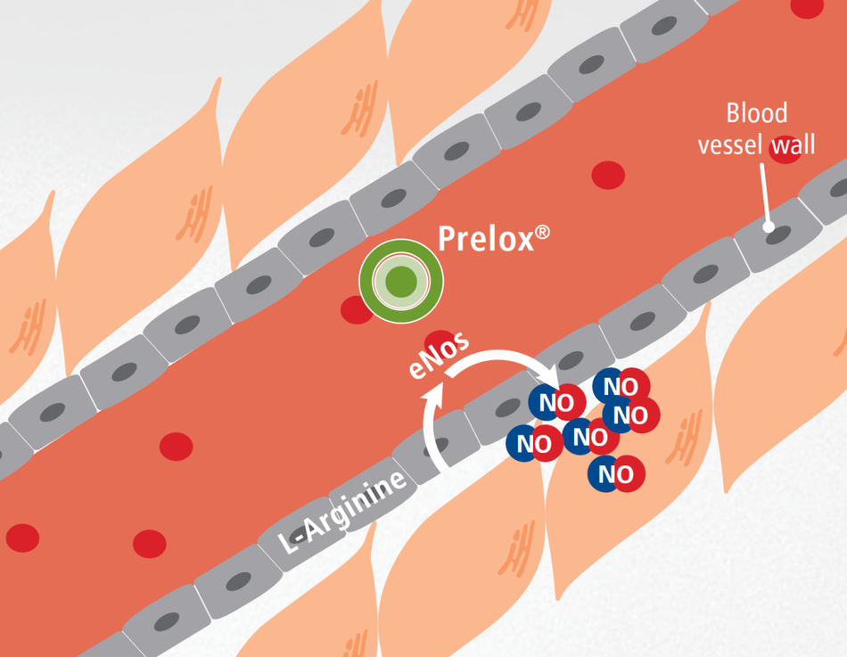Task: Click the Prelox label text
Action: click(486, 240)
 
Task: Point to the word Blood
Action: click(756, 113)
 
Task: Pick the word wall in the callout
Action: click(794, 144)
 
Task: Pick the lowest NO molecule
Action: click(616, 472)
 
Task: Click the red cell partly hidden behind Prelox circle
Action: click(356, 309)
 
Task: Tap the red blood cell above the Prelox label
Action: click(608, 175)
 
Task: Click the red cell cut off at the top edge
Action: click(807, 7)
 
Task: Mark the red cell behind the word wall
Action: click(785, 150)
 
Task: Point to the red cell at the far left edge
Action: click(22, 538)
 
